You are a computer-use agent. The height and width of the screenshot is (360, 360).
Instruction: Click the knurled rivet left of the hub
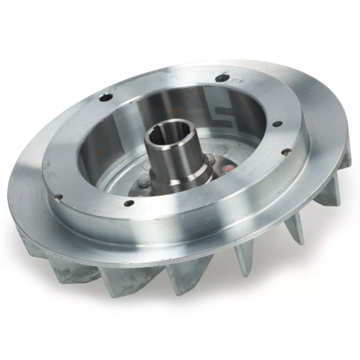(148, 182)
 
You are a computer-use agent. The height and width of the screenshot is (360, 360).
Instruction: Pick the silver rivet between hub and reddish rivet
(210, 161)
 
